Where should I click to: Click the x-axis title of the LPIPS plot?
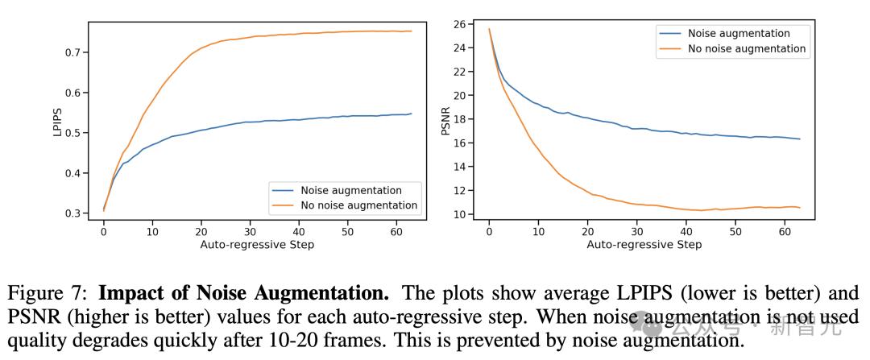tap(257, 245)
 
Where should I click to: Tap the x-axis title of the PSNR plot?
tap(644, 245)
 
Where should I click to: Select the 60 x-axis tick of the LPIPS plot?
tap(396, 231)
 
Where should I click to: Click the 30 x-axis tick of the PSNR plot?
tap(636, 231)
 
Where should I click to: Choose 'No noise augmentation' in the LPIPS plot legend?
tap(359, 205)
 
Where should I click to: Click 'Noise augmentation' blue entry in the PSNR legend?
tap(739, 33)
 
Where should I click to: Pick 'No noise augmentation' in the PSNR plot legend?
tap(747, 48)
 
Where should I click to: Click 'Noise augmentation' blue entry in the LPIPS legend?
tap(351, 191)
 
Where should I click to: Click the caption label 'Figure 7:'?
tap(65, 294)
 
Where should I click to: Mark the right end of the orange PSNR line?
tap(799, 208)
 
